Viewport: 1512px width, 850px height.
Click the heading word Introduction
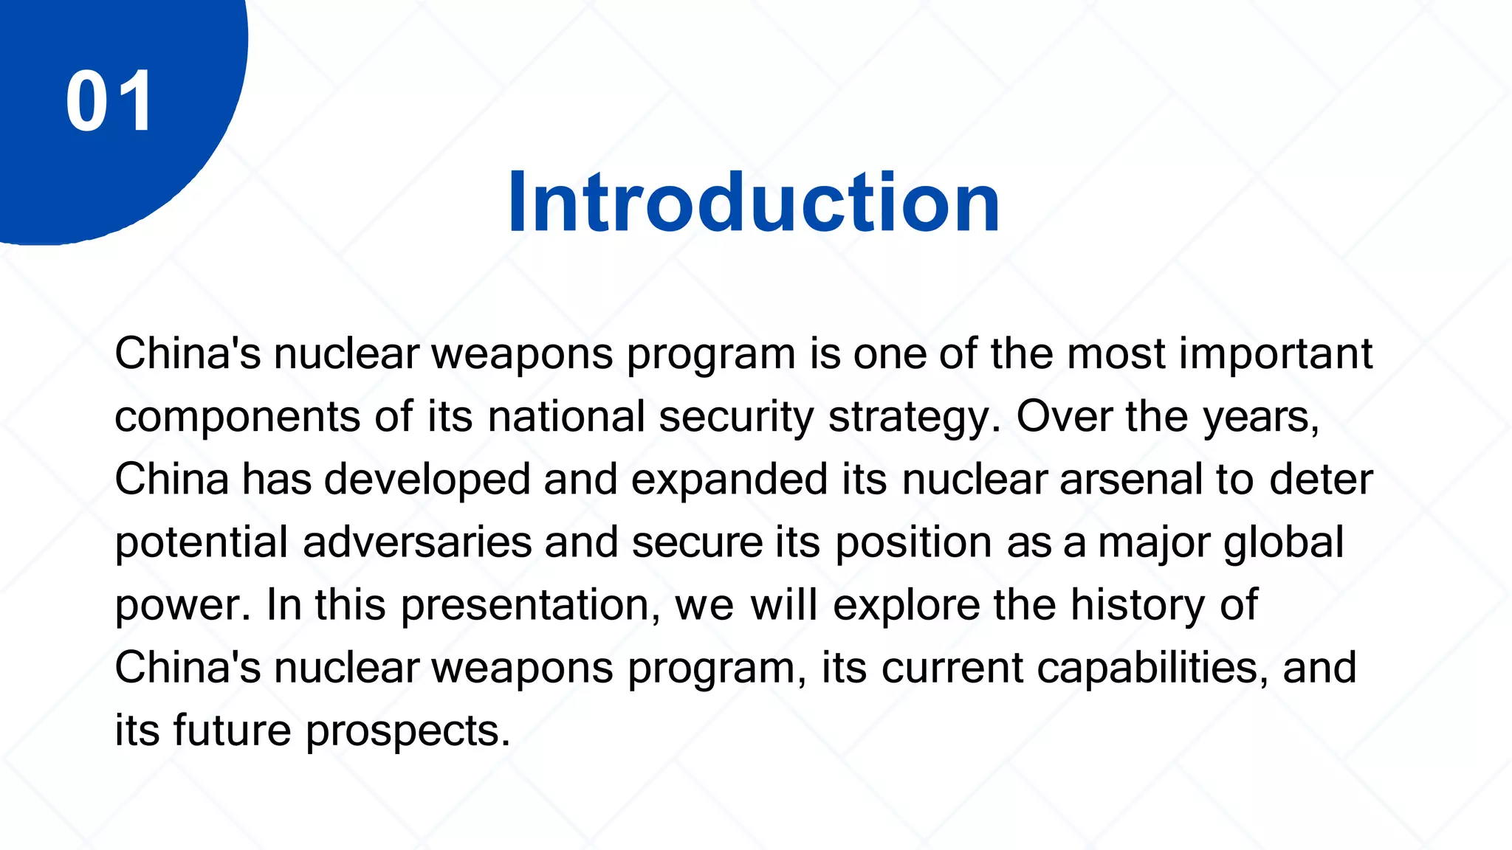click(x=753, y=202)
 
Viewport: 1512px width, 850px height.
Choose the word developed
click(x=427, y=480)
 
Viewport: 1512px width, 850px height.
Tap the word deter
click(x=1321, y=480)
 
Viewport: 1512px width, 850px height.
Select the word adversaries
click(x=417, y=543)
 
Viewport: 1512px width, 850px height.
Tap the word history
click(x=1138, y=606)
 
